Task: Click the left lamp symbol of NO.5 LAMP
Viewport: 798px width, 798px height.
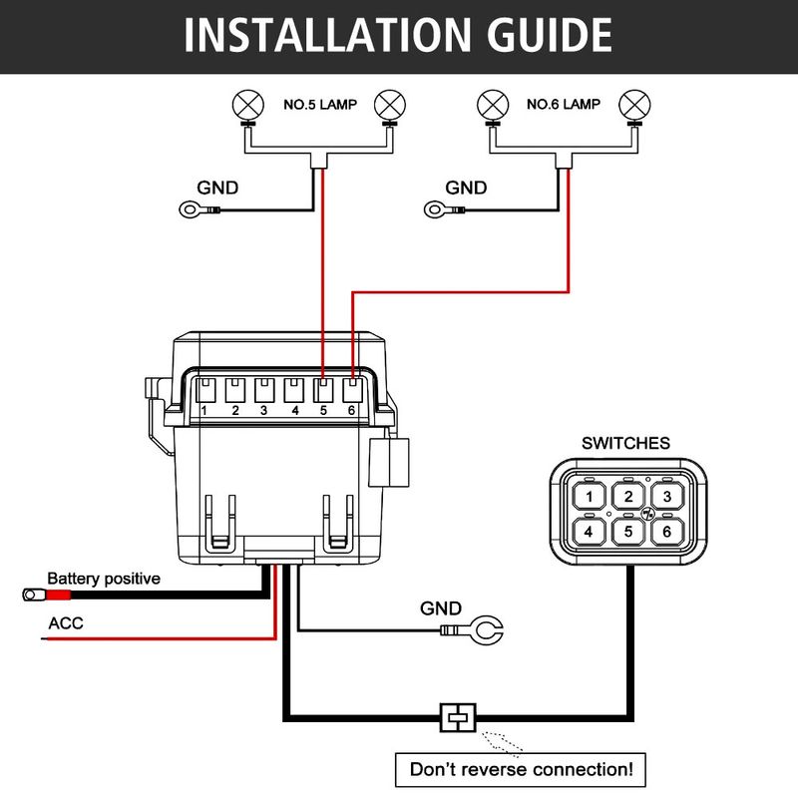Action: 246,103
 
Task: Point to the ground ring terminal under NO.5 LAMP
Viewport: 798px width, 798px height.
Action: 190,209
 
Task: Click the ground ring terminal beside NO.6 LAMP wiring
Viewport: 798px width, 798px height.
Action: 436,209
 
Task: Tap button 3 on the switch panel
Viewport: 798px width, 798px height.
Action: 666,497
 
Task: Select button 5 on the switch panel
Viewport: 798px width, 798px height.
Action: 627,531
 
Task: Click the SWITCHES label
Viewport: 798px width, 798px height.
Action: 626,443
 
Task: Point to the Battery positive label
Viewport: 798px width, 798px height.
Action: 104,579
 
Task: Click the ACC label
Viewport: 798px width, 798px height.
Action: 66,624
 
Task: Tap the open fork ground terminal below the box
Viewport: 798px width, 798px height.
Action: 487,630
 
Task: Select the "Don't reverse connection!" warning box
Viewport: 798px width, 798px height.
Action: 521,769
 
